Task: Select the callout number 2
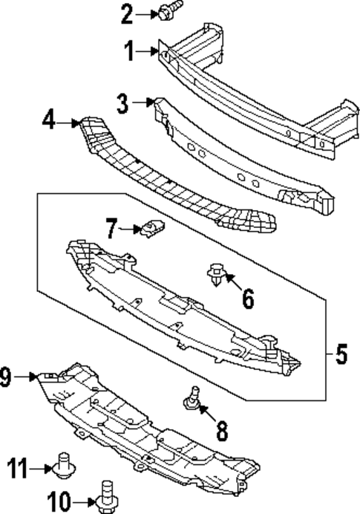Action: click(x=127, y=13)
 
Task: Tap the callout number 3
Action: click(x=122, y=104)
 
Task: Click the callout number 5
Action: click(x=341, y=355)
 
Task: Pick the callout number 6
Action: click(x=247, y=299)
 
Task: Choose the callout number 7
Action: click(x=111, y=229)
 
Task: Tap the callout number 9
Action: click(x=6, y=378)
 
